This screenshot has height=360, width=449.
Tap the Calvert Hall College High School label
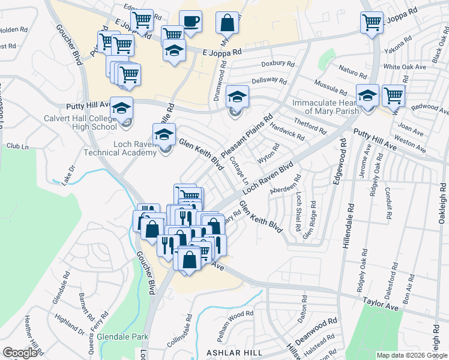[80, 122]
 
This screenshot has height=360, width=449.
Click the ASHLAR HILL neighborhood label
[235, 352]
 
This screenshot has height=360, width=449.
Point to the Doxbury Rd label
[277, 64]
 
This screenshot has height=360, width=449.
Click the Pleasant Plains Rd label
[247, 138]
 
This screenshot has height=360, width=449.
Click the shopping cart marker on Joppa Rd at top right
[372, 23]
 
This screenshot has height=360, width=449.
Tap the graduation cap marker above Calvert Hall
[122, 108]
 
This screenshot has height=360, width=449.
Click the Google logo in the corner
[20, 353]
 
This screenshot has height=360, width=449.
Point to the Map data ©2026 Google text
[411, 355]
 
